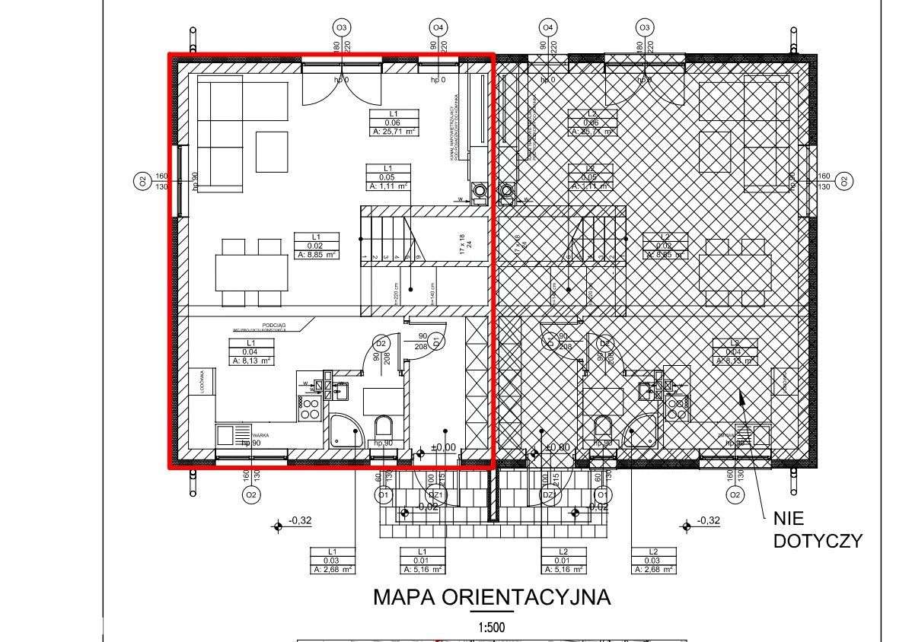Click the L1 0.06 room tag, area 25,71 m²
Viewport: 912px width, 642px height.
coord(392,122)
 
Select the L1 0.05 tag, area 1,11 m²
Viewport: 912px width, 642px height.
coord(387,177)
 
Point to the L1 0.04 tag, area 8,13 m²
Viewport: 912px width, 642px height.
coord(250,352)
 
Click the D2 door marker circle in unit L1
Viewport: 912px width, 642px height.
coord(381,344)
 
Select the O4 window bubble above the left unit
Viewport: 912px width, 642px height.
coord(438,28)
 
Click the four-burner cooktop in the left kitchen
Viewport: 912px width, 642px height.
coord(309,408)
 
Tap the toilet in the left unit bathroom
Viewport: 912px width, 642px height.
coord(383,427)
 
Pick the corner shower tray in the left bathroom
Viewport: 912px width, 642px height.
coord(347,431)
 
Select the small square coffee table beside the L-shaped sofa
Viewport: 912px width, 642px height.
coord(272,151)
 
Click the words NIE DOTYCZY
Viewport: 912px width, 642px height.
coord(817,529)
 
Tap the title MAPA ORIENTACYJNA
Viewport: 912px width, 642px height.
coord(491,597)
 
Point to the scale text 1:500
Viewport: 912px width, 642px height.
coord(491,628)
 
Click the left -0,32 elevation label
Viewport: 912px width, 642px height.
coord(300,521)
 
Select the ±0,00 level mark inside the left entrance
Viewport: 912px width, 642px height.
coord(443,448)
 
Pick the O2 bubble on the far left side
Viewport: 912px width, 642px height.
coord(141,181)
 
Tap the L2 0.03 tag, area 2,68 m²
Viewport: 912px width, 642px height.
coord(652,561)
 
